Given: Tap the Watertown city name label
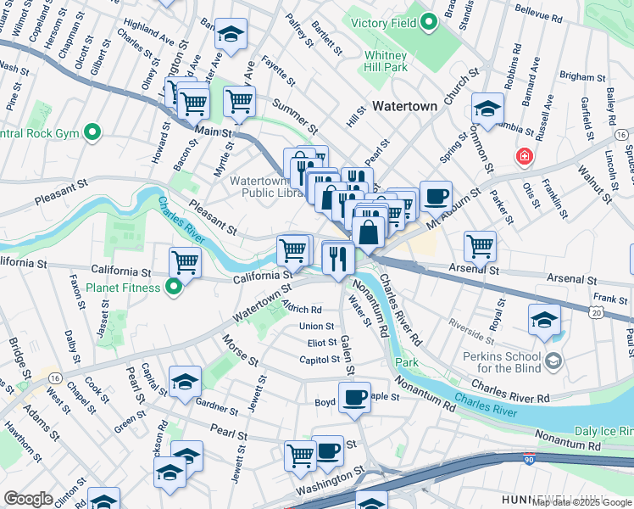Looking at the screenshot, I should tap(404, 106).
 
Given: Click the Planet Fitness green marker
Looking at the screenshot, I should tap(174, 288).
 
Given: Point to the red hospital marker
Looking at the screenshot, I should tap(525, 157).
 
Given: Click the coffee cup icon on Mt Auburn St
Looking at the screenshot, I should tap(436, 196).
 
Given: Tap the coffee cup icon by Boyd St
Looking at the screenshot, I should tap(355, 396).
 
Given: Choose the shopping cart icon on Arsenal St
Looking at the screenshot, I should tap(480, 246).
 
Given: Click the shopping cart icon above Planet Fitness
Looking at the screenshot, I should tap(185, 262).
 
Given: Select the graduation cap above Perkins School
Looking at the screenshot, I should tap(543, 319).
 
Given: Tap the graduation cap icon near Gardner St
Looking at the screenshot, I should tap(185, 382).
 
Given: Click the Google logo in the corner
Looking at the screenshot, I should tap(29, 499).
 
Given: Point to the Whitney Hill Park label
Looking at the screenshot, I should tap(387, 60).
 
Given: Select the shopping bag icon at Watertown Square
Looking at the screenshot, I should tap(370, 230).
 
